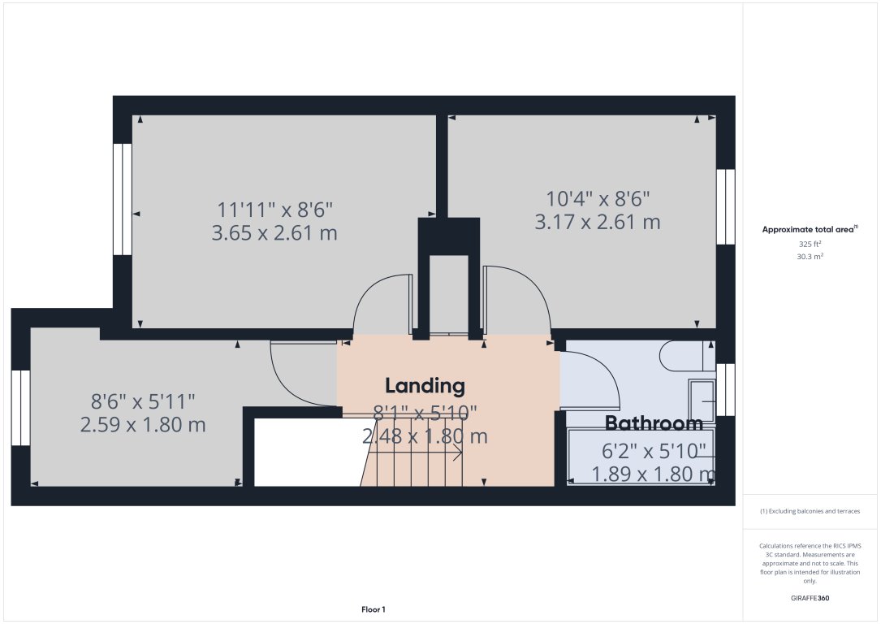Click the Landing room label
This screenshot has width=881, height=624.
coord(425,385)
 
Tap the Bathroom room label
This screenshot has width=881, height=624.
coord(654,423)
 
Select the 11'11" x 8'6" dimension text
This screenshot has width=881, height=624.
coord(274,210)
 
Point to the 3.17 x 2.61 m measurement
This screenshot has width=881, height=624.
coord(597,221)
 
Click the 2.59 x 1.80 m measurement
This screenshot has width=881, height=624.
coord(142,424)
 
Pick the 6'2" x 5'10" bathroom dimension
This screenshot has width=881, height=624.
coord(654,451)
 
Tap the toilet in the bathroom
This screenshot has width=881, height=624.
coord(687,355)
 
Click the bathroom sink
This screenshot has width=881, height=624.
coord(702,400)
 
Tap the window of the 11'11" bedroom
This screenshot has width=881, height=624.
coord(123,199)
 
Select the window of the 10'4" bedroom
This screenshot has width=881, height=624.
coord(725,206)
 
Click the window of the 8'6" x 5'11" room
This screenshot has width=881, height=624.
coord(20,407)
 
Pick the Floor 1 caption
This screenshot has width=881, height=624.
coord(374,609)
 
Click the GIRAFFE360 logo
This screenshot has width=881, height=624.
coord(810,598)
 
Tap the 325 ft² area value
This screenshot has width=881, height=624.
coord(810,244)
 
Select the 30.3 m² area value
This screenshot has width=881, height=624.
coord(810,256)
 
